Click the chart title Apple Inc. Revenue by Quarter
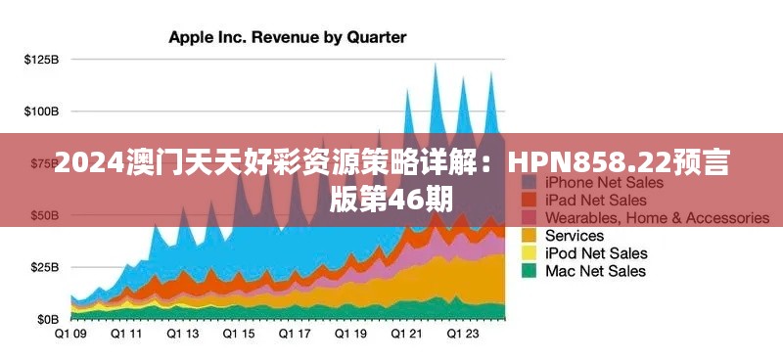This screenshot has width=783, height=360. [x=287, y=37]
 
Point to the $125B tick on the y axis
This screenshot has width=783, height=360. [x=41, y=60]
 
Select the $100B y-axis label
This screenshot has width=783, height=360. [x=41, y=112]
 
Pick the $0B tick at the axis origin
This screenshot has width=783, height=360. [x=47, y=319]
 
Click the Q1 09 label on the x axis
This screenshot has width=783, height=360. [x=70, y=334]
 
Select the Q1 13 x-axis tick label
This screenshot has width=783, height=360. [x=182, y=334]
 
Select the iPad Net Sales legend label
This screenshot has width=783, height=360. [x=596, y=201]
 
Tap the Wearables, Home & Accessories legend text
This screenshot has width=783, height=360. [x=657, y=218]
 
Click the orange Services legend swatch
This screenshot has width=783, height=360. [x=530, y=236]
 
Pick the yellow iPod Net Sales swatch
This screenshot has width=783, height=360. [x=530, y=253]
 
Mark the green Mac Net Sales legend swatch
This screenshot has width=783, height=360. [x=530, y=271]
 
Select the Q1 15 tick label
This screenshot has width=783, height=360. [x=238, y=334]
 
